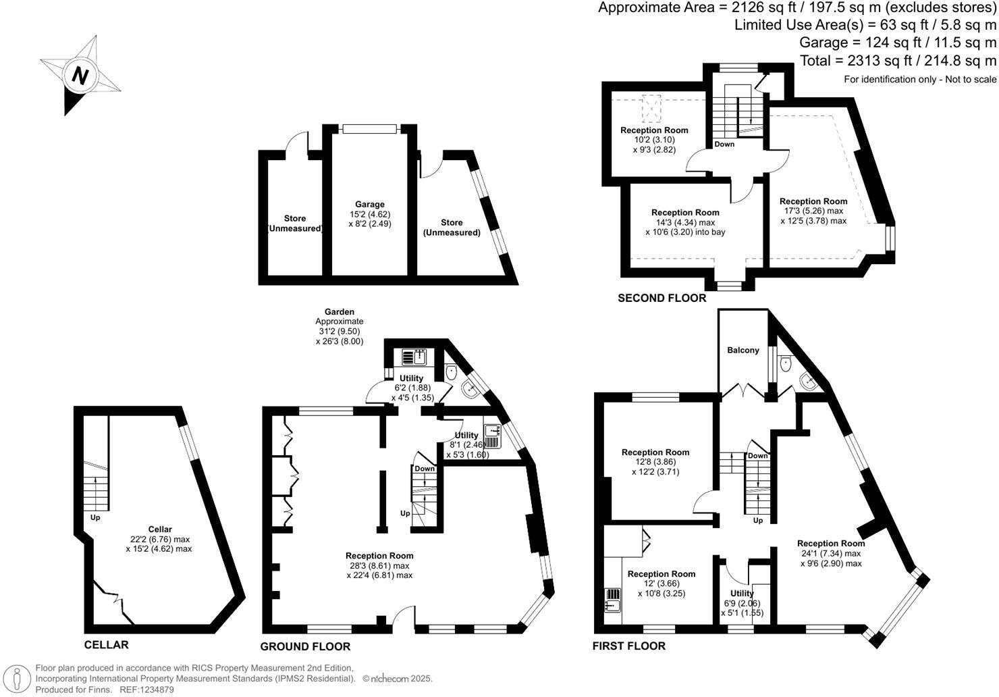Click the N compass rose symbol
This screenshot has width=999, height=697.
pos(80,75)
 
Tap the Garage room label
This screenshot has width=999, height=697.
pos(370,204)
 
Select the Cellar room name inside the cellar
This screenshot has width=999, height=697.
pos(160,530)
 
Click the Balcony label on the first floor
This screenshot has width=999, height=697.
pos(743,350)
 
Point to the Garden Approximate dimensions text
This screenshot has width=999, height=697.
pos(340,326)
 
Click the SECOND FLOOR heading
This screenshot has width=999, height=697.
pos(661,298)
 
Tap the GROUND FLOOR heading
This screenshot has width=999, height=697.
pos(305,646)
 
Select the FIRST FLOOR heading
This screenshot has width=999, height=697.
pos(628,646)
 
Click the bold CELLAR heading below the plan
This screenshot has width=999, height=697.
pos(106,644)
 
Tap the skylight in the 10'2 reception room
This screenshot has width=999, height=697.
pos(651,106)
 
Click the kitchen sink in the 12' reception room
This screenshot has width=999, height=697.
pos(612,599)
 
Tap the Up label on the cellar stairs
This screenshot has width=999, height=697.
pos(95,517)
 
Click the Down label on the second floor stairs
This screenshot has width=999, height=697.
pos(724,144)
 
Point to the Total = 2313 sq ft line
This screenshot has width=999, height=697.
pos(898,61)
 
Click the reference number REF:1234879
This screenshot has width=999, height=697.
pos(147,690)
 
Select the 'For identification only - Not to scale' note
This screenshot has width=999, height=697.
pos(920,79)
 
